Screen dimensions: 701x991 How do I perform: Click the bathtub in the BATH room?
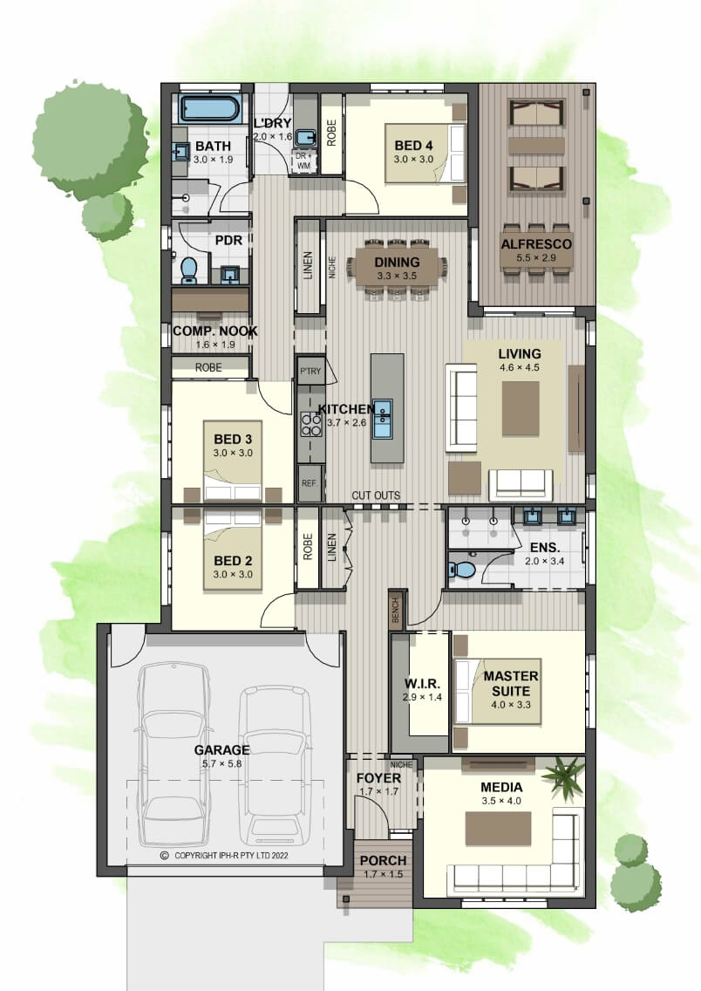point(209,109)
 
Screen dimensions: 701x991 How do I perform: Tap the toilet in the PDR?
point(189,270)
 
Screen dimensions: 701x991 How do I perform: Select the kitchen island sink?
point(381,419)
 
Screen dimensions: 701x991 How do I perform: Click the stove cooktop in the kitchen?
point(310,423)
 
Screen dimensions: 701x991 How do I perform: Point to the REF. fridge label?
point(310,483)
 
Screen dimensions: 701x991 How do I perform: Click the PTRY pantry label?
point(310,372)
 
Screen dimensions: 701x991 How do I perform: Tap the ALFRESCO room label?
point(536,244)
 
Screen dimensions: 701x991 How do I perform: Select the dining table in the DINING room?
point(397,265)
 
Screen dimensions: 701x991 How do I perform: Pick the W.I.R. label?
point(422,684)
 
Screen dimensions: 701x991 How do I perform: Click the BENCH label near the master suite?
point(395,610)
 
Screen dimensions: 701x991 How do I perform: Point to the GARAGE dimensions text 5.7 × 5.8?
point(221,763)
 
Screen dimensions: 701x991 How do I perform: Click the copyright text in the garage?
point(225,856)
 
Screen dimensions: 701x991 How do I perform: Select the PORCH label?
point(383,861)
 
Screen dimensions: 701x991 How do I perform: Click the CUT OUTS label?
point(376,495)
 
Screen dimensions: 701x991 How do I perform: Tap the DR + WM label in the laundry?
point(303,161)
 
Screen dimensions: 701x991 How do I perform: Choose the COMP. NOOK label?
point(215,331)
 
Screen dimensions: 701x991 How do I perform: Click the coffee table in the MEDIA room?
point(498,829)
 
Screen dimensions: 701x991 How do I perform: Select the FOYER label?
point(378,778)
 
